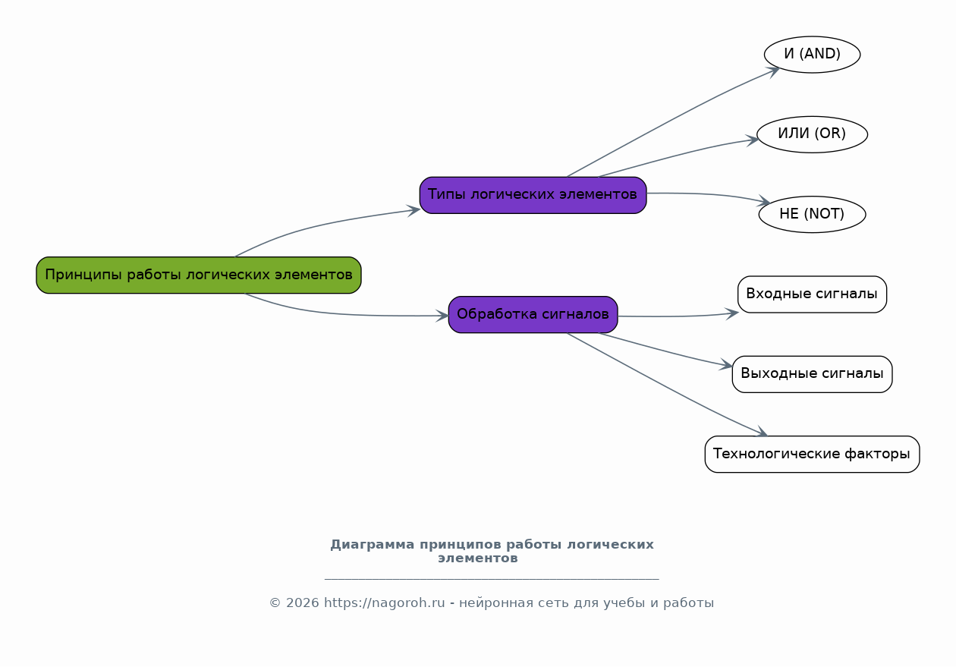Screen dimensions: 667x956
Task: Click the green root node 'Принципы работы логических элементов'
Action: pos(199,275)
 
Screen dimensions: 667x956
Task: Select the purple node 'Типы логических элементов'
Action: pos(533,195)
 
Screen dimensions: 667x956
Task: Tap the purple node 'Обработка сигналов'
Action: pos(533,314)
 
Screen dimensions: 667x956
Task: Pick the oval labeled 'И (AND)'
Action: pos(812,55)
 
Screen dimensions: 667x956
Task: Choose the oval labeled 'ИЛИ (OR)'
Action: pos(812,134)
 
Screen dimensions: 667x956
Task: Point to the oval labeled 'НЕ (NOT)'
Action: pos(812,214)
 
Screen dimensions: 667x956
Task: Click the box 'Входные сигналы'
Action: pos(812,294)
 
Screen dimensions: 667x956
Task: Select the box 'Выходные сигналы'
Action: pos(812,374)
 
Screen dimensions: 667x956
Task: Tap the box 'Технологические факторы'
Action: pos(812,455)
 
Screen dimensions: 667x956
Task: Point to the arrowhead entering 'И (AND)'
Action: pos(774,71)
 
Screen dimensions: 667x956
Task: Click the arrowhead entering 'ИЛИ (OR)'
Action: pos(752,139)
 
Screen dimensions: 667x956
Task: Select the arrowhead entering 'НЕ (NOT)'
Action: pos(764,203)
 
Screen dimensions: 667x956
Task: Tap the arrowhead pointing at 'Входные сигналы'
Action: pos(732,312)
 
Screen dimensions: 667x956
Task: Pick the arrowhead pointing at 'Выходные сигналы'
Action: pos(726,367)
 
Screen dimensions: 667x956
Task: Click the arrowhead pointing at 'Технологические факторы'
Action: pos(762,433)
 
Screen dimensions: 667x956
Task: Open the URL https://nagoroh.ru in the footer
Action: pos(384,603)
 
